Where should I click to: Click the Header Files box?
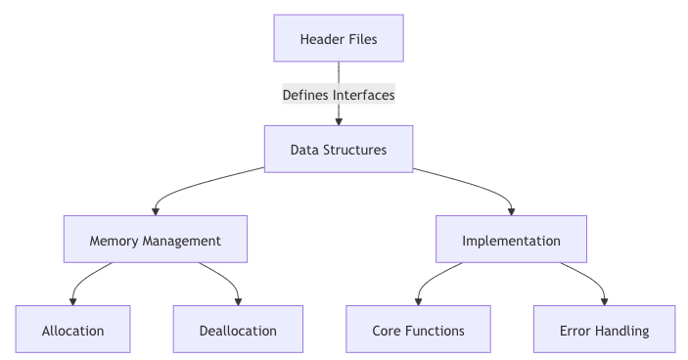point(338,39)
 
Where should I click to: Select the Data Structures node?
point(338,150)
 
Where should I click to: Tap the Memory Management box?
point(155,240)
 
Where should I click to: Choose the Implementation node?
point(511,240)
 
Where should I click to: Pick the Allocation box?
point(73,330)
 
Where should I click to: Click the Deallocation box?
point(238,330)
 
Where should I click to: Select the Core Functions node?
point(419,330)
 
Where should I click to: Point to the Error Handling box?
point(605,330)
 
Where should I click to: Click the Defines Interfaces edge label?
point(338,95)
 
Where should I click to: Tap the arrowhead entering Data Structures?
point(338,120)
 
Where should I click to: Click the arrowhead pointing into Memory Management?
point(155,210)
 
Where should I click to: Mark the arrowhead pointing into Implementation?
point(511,210)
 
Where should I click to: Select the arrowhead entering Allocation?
point(73,300)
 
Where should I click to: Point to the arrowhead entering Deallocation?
point(238,300)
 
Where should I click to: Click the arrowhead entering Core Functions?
point(419,300)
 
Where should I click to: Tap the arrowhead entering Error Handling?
point(605,300)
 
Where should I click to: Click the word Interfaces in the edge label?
point(363,95)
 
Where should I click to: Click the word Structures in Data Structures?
point(354,150)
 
